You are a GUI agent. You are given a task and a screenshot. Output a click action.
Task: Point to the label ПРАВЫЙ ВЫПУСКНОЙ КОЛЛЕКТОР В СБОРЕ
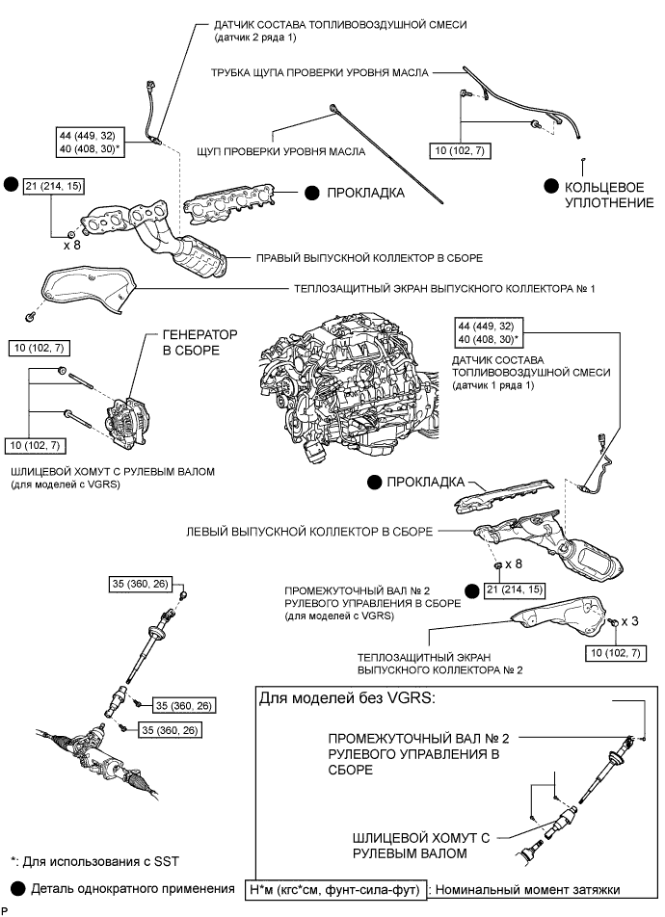coord(369,258)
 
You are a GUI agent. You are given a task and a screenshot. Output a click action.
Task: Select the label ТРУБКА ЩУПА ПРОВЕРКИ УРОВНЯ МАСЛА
coord(320,71)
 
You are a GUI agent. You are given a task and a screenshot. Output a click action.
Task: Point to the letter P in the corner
coord(5,910)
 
